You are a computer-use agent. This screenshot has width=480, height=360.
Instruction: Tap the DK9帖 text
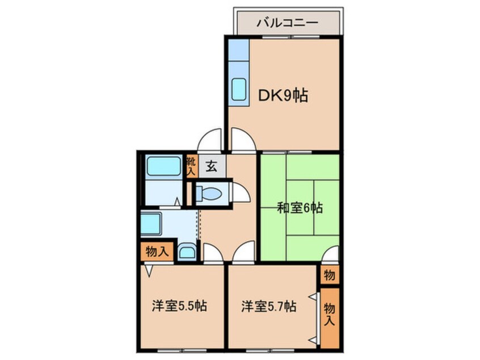284,96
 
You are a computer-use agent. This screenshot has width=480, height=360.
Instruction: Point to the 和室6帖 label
300,208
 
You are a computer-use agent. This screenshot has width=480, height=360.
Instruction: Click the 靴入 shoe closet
192,166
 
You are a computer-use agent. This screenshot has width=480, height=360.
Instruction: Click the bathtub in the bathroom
163,166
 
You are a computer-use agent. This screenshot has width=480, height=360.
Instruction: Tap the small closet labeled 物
329,275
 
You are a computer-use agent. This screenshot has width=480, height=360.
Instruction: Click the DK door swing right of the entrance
243,141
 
